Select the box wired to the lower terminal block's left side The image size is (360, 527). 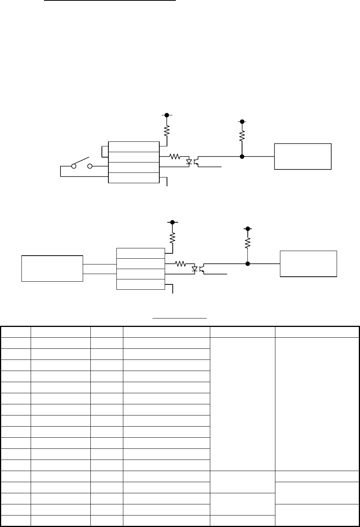click(52, 268)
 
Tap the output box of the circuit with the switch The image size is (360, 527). click(303, 156)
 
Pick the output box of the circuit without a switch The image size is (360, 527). click(308, 264)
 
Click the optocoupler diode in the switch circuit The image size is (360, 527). click(189, 162)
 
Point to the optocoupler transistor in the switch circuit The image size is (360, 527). click(196, 161)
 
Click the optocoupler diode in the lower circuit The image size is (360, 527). click(195, 269)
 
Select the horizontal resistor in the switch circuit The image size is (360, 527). click(175, 156)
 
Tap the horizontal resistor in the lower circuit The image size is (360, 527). click(180, 264)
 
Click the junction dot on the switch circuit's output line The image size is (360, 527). click(242, 156)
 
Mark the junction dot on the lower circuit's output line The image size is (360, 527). click(248, 264)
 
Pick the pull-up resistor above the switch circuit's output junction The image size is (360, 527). click(242, 135)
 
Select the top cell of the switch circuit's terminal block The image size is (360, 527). click(134, 146)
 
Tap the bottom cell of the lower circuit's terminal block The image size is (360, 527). click(140, 284)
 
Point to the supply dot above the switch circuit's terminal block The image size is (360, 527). click(167, 115)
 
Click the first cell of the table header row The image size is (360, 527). click(16, 332)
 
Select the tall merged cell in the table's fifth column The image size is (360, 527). click(242, 404)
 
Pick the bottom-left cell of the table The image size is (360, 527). click(16, 520)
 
